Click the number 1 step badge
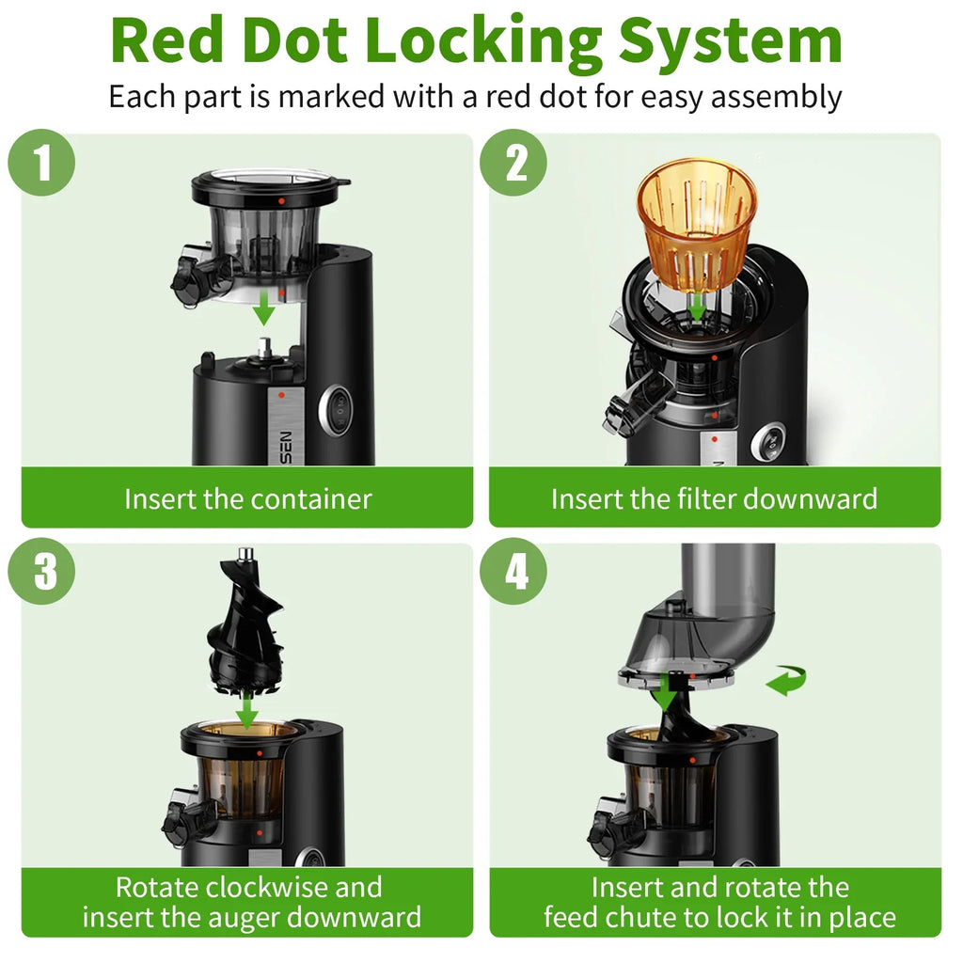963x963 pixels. point(41,163)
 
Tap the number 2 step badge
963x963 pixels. point(513,163)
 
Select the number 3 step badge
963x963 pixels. point(41,571)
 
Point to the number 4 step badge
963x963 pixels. point(513,571)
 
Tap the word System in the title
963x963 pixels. point(730,41)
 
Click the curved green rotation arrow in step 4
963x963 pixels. point(786,680)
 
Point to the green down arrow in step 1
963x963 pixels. point(264,308)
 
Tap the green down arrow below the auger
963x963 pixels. point(247,710)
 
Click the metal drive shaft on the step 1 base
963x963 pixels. point(264,348)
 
